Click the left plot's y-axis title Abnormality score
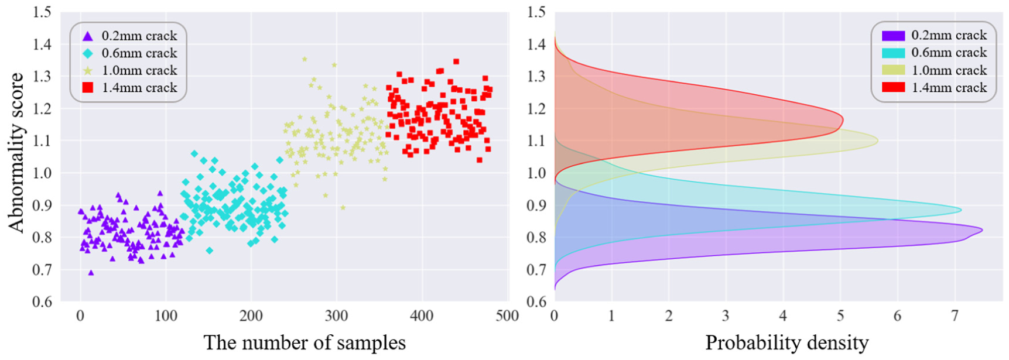tap(16, 153)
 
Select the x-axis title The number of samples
tap(305, 343)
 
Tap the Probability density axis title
tap(786, 343)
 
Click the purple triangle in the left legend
tap(88, 36)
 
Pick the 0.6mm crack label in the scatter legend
tap(139, 53)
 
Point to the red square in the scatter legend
tap(88, 88)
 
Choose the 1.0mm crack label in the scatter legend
tap(139, 70)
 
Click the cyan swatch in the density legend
tap(893, 53)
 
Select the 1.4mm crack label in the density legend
tap(949, 88)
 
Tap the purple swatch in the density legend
tap(893, 36)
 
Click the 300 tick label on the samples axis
tap(336, 317)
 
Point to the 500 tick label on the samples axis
tap(507, 317)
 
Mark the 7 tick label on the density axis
tap(955, 317)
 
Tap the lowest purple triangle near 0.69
tap(91, 273)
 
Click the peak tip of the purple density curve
tap(982, 231)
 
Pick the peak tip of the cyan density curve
tap(961, 210)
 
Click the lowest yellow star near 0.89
tap(343, 207)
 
